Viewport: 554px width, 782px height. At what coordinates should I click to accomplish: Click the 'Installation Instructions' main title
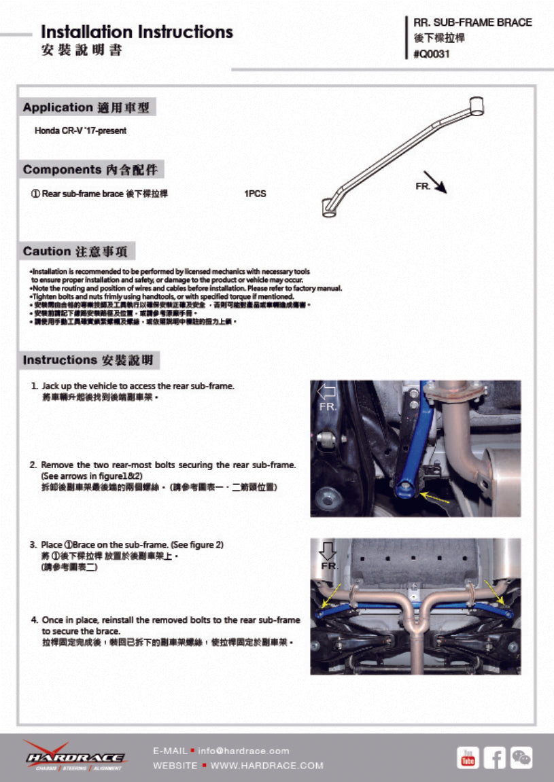point(137,32)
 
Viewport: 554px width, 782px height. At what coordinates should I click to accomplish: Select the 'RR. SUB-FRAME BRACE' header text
point(472,22)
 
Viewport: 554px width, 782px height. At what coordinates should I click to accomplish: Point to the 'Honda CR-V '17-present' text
point(80,130)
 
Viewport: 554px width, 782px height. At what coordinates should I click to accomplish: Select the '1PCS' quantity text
point(255,194)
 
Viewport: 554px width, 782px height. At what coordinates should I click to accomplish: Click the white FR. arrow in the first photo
point(327,391)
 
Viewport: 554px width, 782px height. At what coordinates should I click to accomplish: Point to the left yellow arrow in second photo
point(332,597)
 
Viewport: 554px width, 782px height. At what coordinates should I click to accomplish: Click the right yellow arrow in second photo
point(496,592)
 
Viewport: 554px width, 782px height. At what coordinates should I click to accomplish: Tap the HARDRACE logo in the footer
point(75,756)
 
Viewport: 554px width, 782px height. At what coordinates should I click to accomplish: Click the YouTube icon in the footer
point(467,758)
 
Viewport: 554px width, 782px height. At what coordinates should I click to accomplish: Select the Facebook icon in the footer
point(494,758)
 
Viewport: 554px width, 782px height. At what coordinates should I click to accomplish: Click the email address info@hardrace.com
point(244,751)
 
